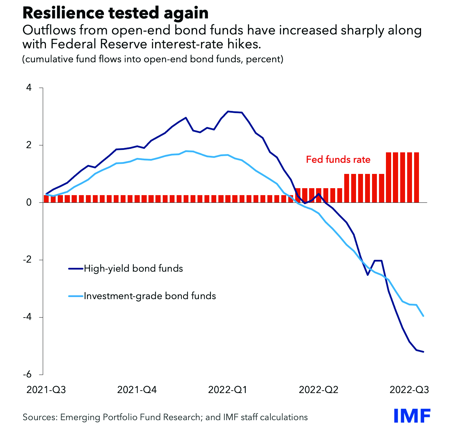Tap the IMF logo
tap(412, 416)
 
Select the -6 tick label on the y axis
tap(27, 375)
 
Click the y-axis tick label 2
tap(29, 145)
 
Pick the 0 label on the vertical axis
tap(29, 202)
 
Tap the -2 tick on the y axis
tap(27, 260)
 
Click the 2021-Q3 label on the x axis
tap(46, 390)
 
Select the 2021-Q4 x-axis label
tap(137, 390)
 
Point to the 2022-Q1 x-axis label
tap(228, 390)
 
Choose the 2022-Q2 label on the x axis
tap(318, 390)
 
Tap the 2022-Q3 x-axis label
tap(409, 390)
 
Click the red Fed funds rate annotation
tap(338, 160)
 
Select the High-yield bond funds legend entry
tap(133, 269)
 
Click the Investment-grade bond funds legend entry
tap(150, 296)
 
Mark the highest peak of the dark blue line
tap(228, 111)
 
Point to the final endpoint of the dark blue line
tap(423, 352)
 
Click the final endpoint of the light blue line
tap(423, 316)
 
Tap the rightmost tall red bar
tap(416, 177)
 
